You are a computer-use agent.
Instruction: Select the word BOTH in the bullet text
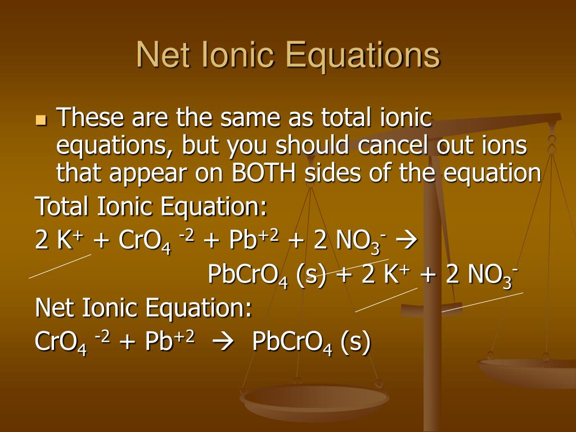[266, 173]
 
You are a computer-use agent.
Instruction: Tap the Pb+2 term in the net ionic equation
[169, 341]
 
